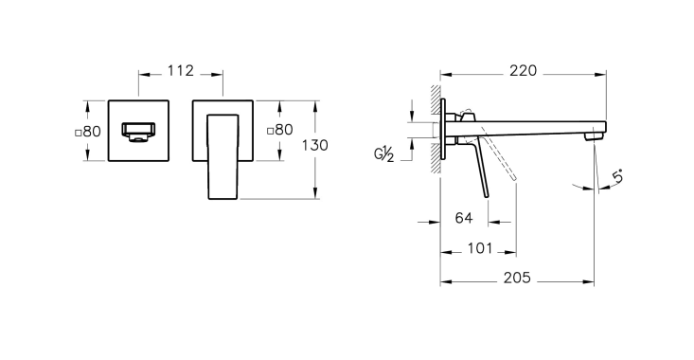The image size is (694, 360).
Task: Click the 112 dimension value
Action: coord(181,71)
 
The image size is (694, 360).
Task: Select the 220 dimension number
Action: coord(523,71)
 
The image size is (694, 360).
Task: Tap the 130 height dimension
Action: coord(314,145)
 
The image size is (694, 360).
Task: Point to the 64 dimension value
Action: coord(464,218)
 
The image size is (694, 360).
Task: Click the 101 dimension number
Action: coord(480,248)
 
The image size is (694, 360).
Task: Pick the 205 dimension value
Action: coord(517,278)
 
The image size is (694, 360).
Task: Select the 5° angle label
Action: coord(618,176)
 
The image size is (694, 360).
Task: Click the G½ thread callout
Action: coord(384,154)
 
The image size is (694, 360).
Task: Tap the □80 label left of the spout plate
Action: coord(88,132)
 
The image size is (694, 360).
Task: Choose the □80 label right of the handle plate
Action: coord(279,130)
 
